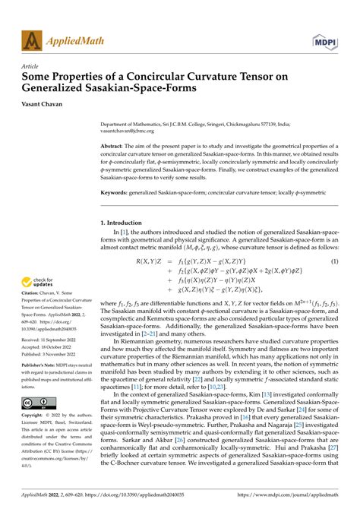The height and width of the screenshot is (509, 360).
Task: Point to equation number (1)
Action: click(333, 261)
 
